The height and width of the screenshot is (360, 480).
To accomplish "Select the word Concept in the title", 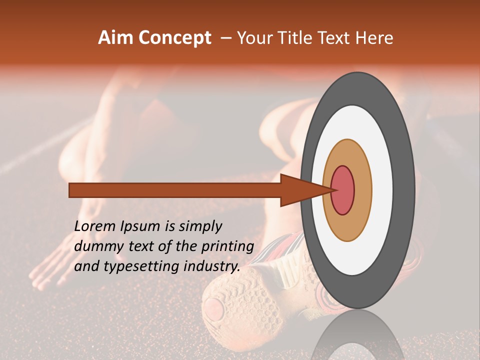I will click(x=174, y=38).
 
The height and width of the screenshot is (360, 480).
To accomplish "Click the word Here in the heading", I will click(x=375, y=38).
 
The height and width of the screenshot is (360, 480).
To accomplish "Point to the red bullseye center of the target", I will click(x=343, y=190).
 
